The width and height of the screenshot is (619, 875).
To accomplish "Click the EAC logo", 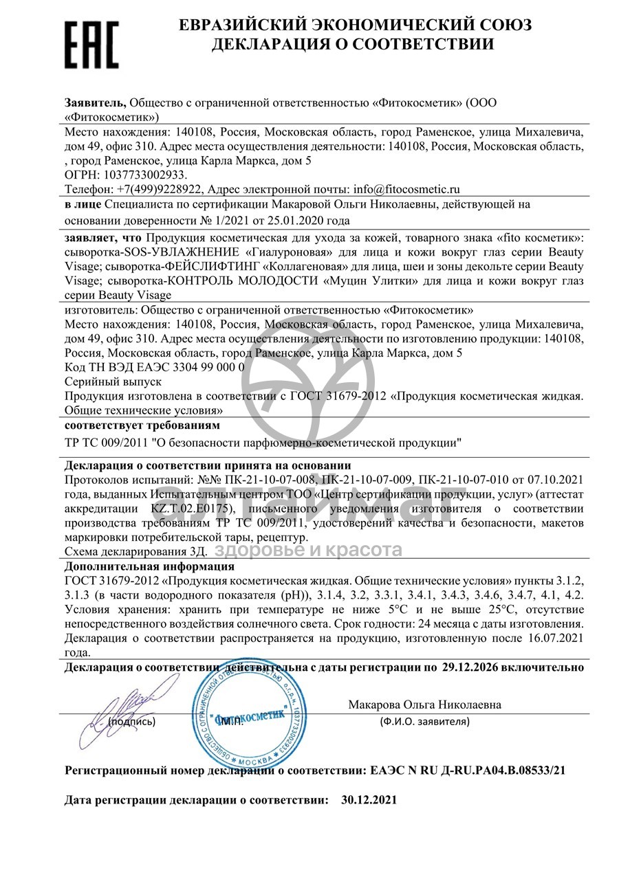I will [x=91, y=43].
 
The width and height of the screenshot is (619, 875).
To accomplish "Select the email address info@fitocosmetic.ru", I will [x=406, y=188].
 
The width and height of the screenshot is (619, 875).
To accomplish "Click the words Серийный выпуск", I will [x=112, y=381].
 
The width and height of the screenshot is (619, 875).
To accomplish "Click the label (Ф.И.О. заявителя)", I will [x=424, y=722].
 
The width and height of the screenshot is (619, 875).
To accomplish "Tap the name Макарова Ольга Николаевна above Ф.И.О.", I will [x=424, y=705].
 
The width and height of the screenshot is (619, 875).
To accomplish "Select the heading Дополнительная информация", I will [x=149, y=566].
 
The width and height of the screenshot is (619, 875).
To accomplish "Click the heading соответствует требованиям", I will [x=136, y=425].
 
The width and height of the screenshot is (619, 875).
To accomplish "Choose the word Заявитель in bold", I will [x=95, y=103].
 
